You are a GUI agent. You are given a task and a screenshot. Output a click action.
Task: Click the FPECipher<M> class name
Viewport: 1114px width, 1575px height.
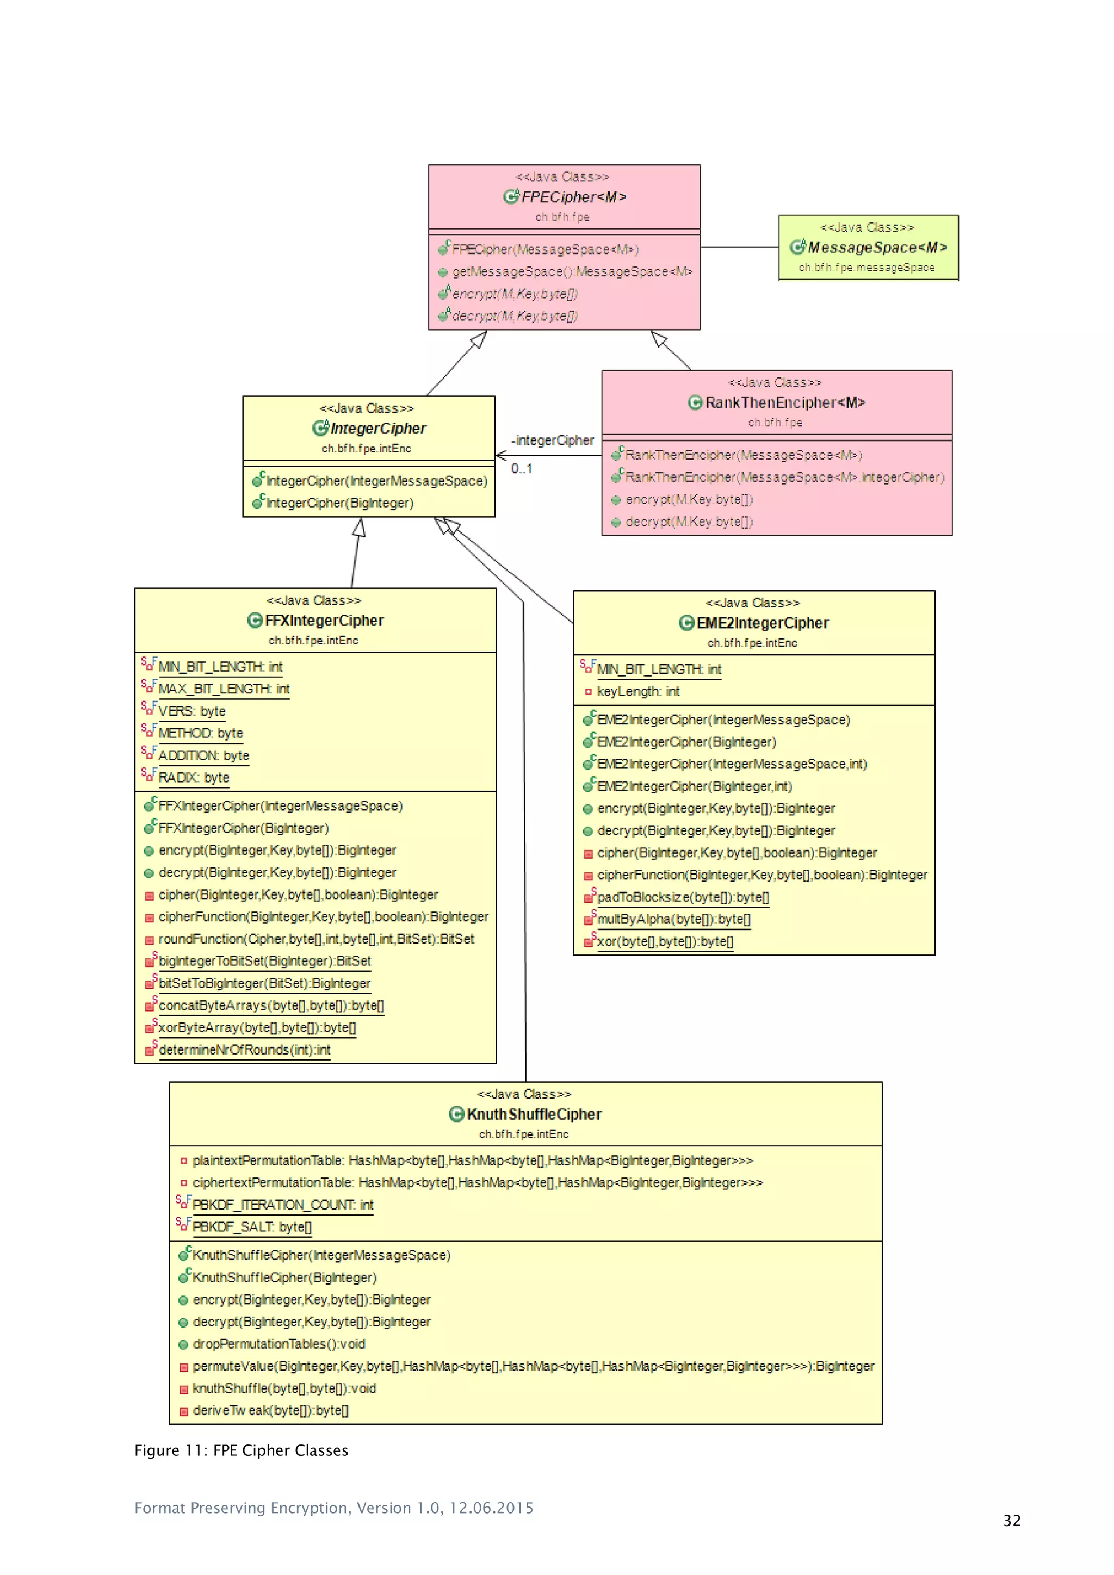click(573, 197)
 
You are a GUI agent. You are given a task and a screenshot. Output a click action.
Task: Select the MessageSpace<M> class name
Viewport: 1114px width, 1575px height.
click(877, 247)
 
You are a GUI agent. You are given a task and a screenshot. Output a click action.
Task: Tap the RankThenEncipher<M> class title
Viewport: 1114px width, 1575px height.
click(785, 402)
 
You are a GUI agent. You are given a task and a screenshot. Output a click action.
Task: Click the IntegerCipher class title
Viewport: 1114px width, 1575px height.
click(377, 429)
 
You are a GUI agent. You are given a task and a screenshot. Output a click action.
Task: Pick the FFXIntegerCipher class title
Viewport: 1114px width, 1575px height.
click(324, 621)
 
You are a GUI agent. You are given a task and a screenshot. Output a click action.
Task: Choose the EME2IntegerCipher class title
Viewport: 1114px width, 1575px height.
click(762, 624)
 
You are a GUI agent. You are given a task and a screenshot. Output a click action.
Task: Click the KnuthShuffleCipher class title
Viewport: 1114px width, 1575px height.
click(534, 1115)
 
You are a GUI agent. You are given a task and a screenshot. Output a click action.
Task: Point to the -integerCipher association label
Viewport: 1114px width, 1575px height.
click(552, 441)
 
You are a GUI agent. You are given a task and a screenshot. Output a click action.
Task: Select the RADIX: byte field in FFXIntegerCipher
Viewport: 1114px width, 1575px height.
click(194, 778)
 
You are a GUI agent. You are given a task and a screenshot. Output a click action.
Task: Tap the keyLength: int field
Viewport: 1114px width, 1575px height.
click(638, 691)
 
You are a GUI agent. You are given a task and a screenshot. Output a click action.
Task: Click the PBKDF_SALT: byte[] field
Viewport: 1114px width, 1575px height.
click(252, 1227)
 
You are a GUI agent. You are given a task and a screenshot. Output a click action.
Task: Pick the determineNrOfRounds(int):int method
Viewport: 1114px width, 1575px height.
click(244, 1050)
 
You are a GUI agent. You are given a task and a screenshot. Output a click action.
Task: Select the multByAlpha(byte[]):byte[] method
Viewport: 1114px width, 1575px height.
click(673, 920)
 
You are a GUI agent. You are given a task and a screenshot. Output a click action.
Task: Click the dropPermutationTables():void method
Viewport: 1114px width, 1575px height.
click(278, 1344)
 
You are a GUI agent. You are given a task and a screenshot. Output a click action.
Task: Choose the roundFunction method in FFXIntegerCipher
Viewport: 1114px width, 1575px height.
click(315, 939)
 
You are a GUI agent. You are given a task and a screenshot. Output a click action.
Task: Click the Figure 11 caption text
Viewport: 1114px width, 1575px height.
click(242, 1451)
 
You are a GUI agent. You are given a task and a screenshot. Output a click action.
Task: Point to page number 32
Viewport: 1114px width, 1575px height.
click(1011, 1521)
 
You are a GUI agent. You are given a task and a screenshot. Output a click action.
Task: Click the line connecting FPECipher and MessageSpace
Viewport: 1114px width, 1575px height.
click(739, 247)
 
